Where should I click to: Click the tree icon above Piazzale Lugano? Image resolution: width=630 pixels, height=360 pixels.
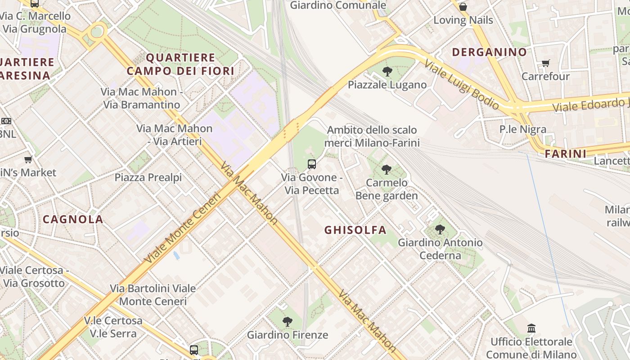tap(387, 71)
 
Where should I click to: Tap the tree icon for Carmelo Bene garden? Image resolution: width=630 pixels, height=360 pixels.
tap(386, 170)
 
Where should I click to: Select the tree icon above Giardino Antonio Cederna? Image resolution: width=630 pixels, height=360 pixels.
tap(440, 229)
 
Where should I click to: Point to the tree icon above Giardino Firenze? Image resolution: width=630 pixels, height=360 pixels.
tap(287, 322)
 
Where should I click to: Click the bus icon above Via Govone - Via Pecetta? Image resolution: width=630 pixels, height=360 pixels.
tap(312, 164)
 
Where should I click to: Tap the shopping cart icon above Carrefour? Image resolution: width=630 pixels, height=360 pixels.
tap(545, 63)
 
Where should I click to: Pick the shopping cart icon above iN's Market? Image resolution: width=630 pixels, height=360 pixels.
tap(28, 159)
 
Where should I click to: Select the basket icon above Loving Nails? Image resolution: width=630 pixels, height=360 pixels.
tap(463, 7)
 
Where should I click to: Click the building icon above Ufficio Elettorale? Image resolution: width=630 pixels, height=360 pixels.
tap(531, 328)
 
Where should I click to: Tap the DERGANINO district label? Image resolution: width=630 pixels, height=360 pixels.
tap(489, 52)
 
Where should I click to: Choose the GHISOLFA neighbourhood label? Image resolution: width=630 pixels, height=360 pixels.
tap(355, 230)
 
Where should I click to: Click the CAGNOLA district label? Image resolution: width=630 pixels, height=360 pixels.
tap(73, 220)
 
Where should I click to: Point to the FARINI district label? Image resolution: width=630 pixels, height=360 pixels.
tap(565, 154)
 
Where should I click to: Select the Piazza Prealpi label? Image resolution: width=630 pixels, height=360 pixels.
tap(148, 177)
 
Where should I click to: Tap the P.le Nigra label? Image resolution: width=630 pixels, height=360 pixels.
tap(523, 130)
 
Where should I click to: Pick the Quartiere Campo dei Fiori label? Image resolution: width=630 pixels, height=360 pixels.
tap(180, 64)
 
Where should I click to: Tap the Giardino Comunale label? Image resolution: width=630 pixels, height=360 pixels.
tap(337, 5)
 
